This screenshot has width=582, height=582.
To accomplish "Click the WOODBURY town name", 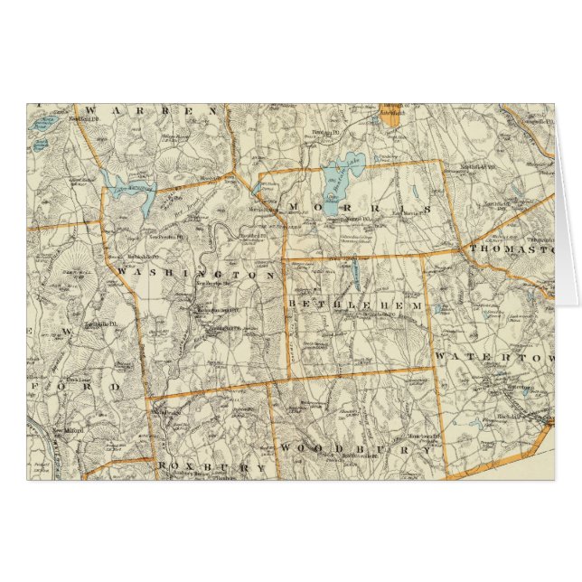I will (x=356, y=449).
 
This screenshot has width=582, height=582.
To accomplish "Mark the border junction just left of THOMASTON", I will (x=463, y=248).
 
